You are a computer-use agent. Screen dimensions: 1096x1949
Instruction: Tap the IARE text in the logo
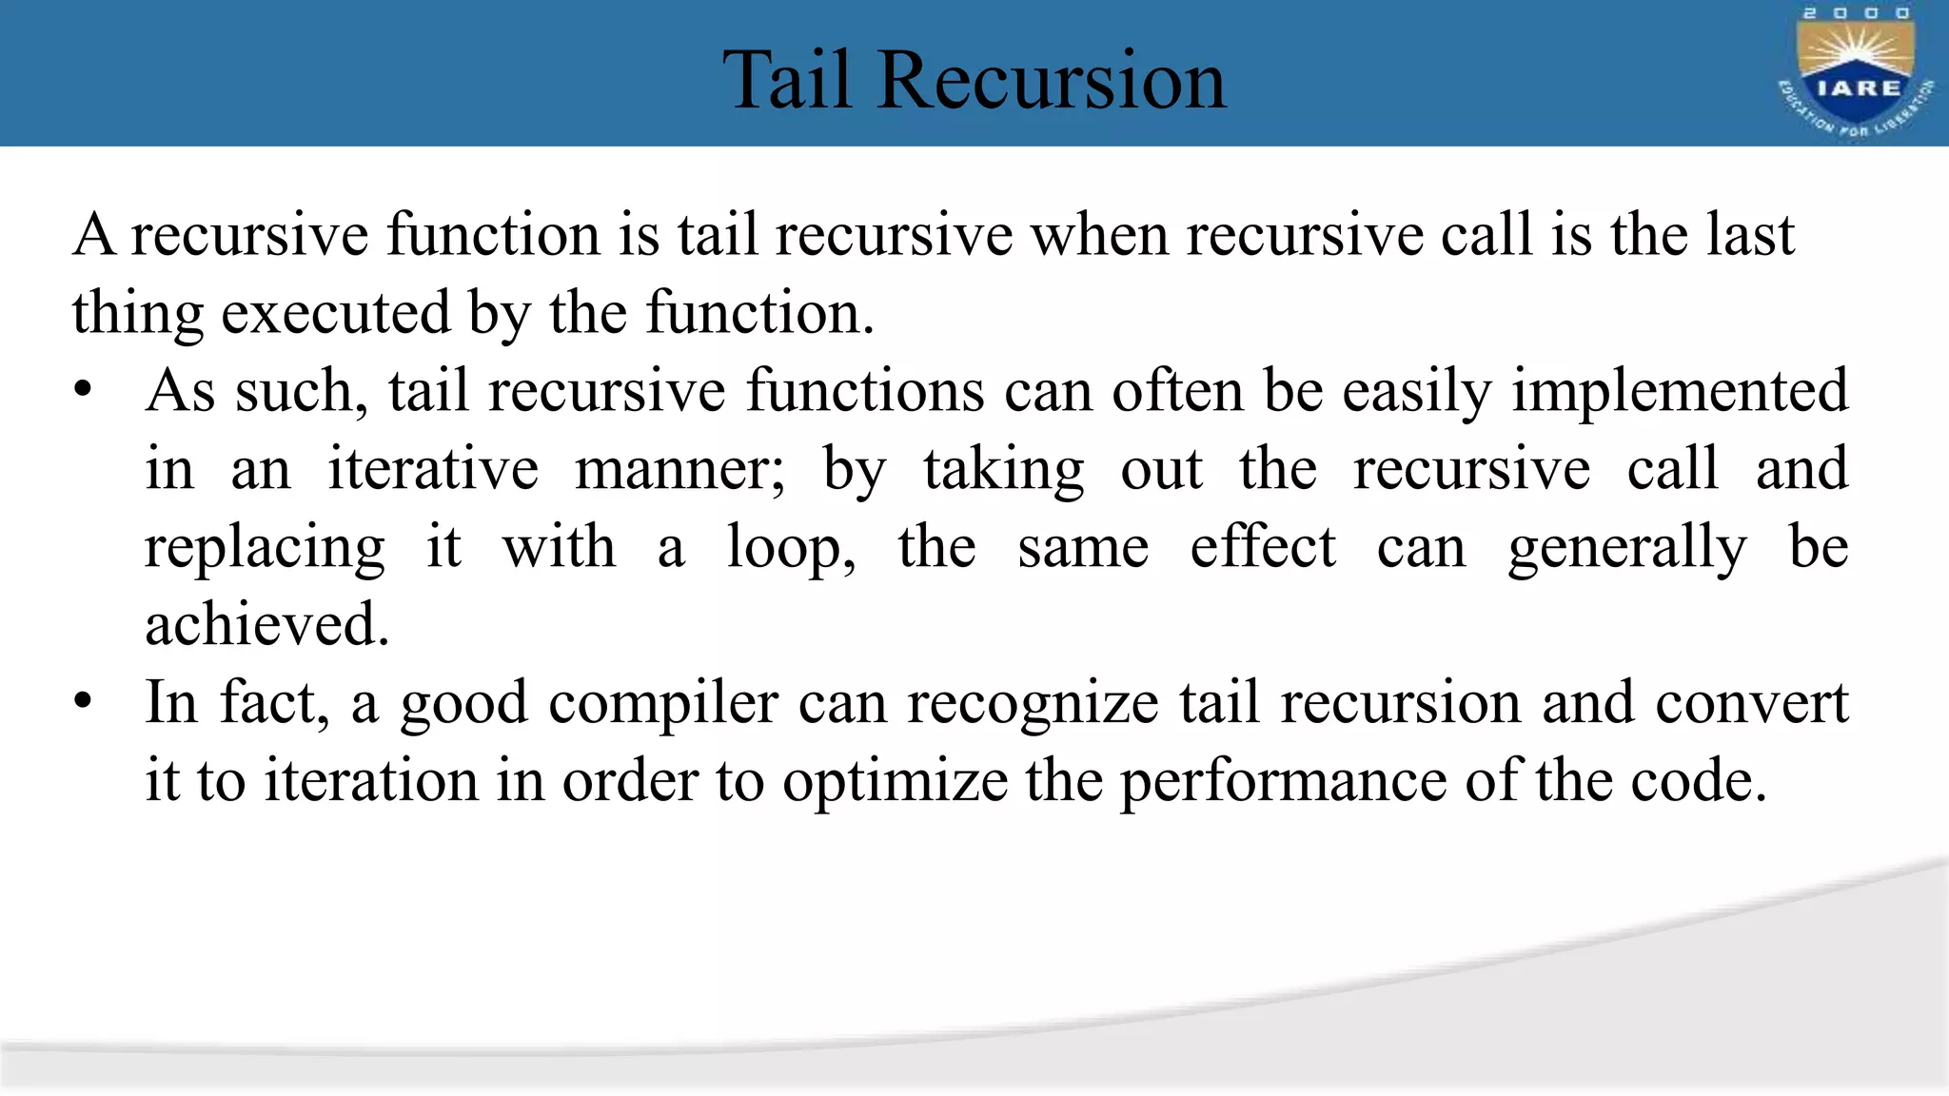(1859, 88)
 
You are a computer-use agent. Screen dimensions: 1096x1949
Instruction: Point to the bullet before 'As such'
(84, 391)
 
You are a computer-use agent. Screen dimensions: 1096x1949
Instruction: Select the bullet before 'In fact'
(84, 703)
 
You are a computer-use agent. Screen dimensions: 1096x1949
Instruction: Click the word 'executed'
(335, 314)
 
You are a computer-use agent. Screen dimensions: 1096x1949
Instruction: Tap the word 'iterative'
(433, 470)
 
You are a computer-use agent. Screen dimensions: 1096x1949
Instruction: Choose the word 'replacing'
(265, 549)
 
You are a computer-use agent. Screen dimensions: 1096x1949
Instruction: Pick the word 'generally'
(1627, 549)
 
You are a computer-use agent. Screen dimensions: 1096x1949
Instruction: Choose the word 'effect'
(1263, 548)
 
